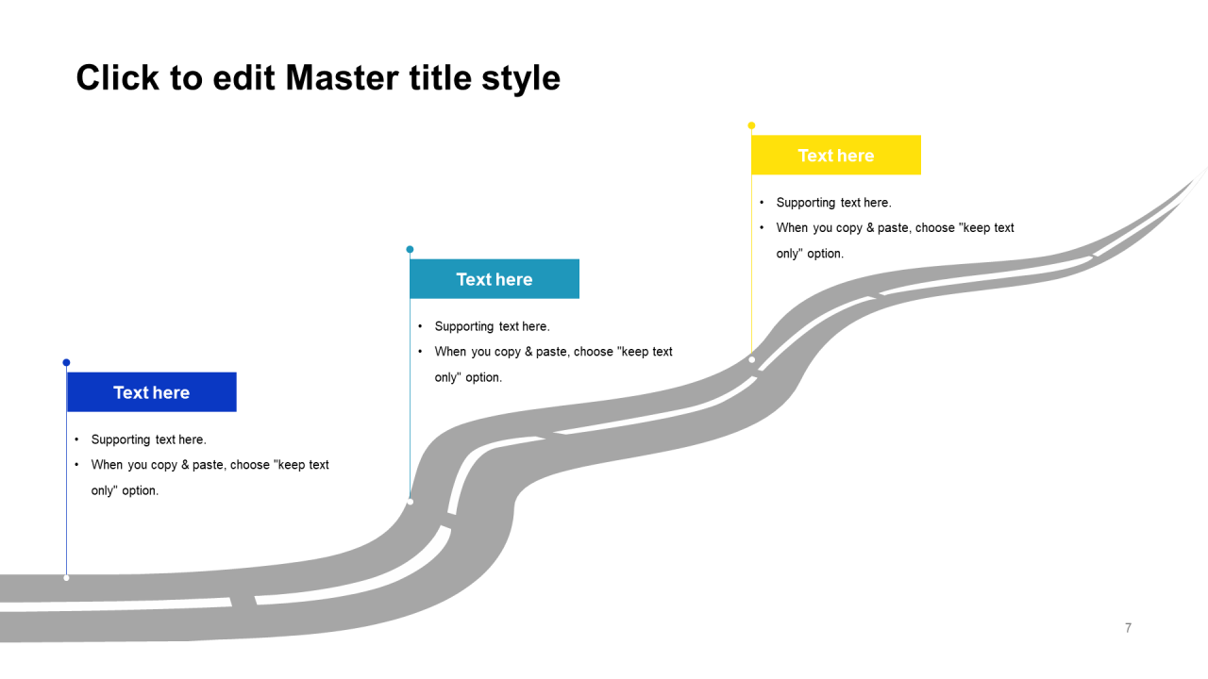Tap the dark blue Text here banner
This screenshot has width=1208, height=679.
(151, 392)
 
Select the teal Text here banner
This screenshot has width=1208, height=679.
(495, 279)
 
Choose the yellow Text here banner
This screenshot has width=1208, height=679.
(836, 156)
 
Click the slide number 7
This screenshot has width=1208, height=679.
(1128, 628)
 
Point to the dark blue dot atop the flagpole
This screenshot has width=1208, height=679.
(66, 362)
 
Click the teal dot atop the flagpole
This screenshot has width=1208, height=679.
(410, 249)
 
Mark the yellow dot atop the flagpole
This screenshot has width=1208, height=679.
(751, 125)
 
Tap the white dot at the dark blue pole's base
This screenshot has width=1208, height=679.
(66, 577)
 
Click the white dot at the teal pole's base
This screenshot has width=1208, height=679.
(410, 502)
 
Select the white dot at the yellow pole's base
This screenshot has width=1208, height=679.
(751, 359)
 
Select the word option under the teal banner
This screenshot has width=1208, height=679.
(483, 377)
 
